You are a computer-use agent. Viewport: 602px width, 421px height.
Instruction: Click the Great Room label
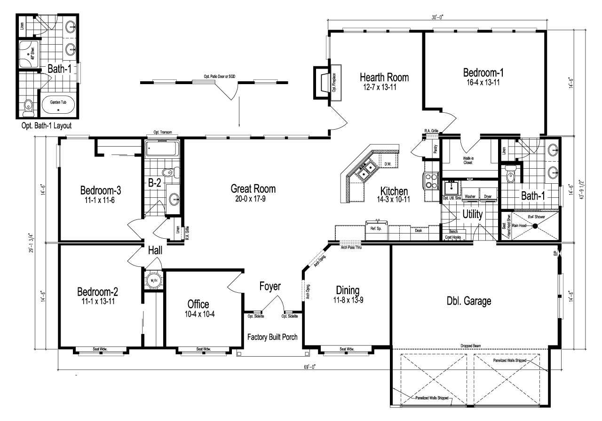point(253,189)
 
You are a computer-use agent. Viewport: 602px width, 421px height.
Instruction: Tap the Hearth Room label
point(384,77)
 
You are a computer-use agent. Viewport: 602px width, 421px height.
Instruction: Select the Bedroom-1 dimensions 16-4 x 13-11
point(483,83)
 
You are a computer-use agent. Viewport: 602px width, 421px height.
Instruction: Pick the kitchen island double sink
point(365,171)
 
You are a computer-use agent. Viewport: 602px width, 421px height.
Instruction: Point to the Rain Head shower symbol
point(534,226)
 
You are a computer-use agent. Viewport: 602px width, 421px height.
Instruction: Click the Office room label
point(198,304)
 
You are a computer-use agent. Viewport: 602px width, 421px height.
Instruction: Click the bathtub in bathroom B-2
point(161,149)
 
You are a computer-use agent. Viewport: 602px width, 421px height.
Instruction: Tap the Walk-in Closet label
point(467,161)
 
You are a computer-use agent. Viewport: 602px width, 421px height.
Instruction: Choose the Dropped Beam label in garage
point(471,346)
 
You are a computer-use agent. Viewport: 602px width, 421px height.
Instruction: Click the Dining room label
point(348,289)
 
